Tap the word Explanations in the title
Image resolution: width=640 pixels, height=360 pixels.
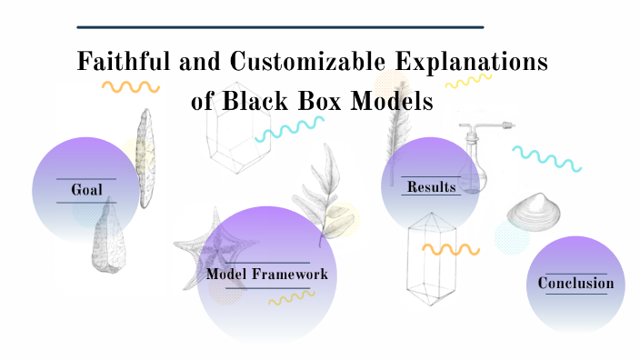(x=479, y=63)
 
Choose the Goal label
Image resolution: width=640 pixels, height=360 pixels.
(x=86, y=190)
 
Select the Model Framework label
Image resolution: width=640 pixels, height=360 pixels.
(x=266, y=274)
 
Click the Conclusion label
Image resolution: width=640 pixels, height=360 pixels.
(x=575, y=283)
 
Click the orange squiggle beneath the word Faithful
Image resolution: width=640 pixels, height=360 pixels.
(x=130, y=87)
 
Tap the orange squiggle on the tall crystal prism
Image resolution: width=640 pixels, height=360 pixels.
(x=451, y=248)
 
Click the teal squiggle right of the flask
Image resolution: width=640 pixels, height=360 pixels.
(x=545, y=156)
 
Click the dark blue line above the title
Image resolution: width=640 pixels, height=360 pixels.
(x=280, y=27)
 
